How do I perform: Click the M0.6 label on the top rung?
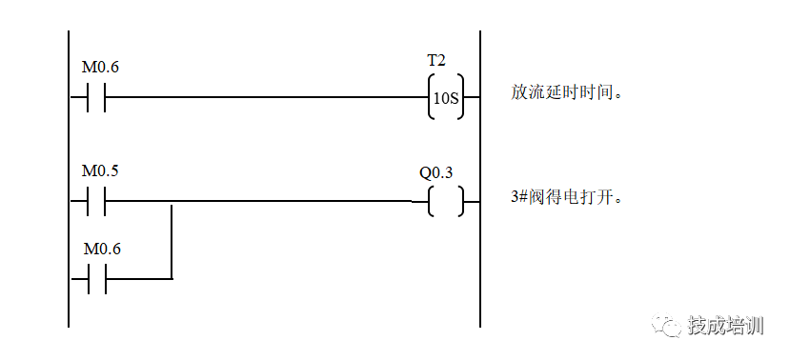pos(100,68)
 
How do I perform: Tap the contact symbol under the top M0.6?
pos(95,96)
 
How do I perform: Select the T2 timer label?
pos(435,61)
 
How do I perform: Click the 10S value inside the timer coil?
pos(446,98)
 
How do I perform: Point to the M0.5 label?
pos(100,171)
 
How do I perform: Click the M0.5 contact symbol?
pos(95,201)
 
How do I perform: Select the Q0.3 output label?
pos(435,173)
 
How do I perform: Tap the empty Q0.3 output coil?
pos(446,202)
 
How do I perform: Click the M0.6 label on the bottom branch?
pos(102,249)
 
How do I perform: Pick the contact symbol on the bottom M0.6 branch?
pos(97,278)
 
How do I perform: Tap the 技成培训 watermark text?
pos(725,326)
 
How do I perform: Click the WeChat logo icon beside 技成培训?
pos(667,325)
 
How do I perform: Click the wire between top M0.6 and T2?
pos(267,96)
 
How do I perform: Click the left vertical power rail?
pos(69,179)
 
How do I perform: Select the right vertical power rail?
pos(479,179)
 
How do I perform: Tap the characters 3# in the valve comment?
pos(518,197)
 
